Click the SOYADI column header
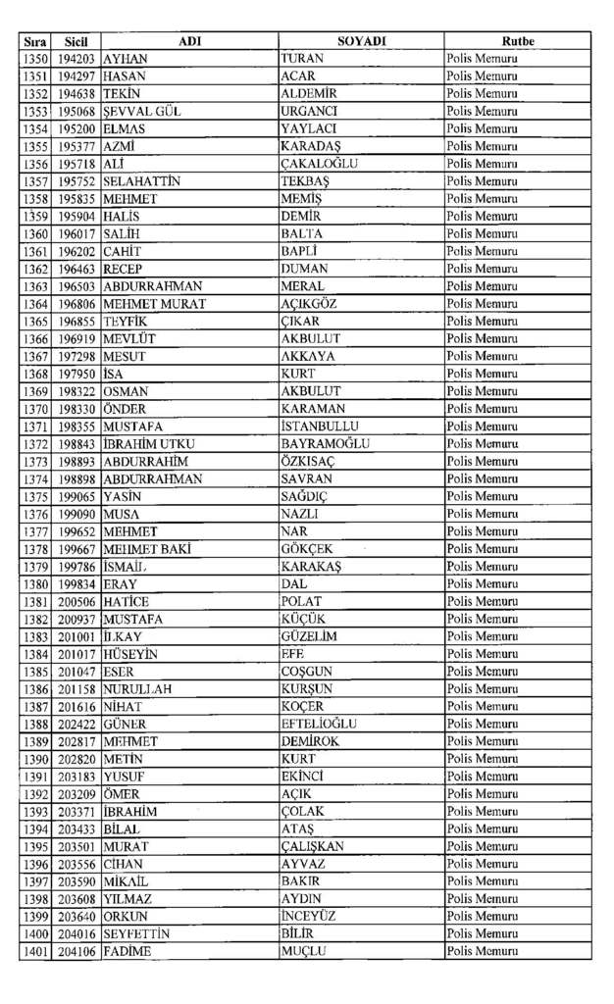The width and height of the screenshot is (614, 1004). [361, 41]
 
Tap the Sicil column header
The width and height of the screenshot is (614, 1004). [77, 41]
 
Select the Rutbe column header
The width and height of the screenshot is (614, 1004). [517, 41]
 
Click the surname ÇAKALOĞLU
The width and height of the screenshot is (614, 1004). [319, 164]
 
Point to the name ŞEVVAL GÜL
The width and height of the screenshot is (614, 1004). [142, 111]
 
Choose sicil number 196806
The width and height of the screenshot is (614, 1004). [77, 304]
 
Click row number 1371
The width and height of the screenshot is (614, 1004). [35, 427]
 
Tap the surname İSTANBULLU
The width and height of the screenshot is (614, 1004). [320, 427]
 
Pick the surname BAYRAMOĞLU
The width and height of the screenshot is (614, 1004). [325, 444]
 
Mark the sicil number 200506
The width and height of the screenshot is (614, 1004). [77, 601]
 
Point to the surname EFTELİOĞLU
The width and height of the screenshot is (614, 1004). [319, 724]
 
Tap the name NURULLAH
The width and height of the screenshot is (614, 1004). [137, 689]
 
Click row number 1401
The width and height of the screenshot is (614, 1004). [35, 951]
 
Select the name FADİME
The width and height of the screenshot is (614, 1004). [127, 951]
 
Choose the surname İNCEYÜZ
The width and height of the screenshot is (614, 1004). [310, 917]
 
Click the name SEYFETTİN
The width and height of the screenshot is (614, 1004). [136, 934]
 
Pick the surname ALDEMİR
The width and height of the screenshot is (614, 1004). [309, 93]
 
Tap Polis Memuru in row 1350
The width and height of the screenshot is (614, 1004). [482, 59]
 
